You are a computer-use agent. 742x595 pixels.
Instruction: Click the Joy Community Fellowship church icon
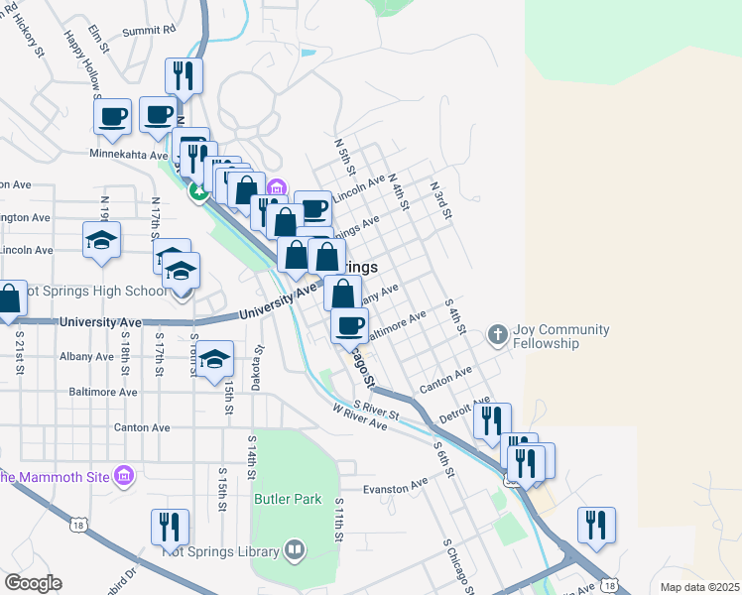[498, 335]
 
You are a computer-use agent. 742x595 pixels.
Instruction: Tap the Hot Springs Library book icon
[294, 548]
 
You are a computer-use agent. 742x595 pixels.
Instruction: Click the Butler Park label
[288, 499]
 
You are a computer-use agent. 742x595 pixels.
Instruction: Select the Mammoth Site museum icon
[124, 477]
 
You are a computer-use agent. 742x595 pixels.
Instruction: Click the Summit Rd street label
[149, 31]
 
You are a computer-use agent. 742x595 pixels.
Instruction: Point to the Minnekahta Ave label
[129, 155]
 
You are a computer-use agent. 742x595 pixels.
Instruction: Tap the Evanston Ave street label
[396, 486]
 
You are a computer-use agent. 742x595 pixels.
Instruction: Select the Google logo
[33, 583]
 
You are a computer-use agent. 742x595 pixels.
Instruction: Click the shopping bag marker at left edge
[8, 299]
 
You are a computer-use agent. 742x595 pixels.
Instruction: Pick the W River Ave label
[359, 416]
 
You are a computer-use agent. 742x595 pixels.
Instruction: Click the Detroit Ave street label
[458, 410]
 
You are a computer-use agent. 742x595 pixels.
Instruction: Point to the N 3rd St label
[441, 199]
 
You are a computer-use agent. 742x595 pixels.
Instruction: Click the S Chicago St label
[461, 563]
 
